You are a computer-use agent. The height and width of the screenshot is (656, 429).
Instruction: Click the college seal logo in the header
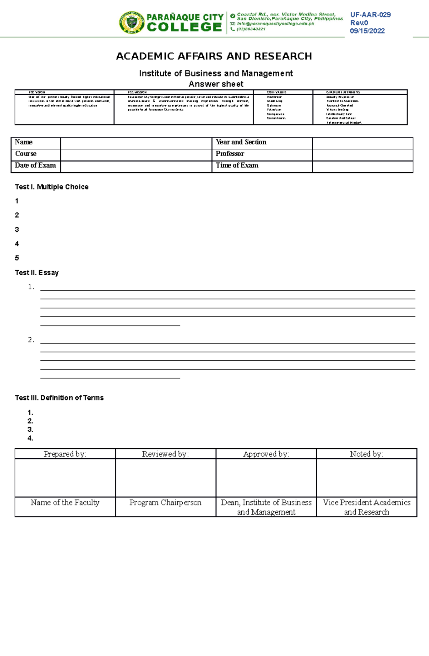coord(132,23)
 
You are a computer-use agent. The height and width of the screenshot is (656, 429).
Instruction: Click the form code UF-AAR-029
coord(370,15)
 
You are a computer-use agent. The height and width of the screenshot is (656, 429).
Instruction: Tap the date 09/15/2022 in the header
coord(367,31)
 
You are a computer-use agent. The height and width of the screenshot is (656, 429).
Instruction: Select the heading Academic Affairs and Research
coord(214,56)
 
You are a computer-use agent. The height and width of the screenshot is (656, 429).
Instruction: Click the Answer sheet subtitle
coord(216,84)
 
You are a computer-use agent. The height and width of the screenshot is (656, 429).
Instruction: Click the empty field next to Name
coord(136,143)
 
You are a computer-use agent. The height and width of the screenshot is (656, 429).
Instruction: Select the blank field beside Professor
coord(362,154)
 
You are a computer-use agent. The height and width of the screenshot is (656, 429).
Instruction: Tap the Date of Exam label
coord(35,166)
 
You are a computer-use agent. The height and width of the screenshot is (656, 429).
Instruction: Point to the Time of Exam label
coord(237,166)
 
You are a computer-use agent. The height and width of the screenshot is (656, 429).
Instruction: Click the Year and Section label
coord(241,142)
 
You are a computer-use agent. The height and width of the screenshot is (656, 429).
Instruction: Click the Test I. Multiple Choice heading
coord(51,187)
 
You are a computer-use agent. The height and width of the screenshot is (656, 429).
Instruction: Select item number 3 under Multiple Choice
coord(17,230)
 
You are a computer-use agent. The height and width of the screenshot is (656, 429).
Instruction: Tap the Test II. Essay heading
coord(36,273)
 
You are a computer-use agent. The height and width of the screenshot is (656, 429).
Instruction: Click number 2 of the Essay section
coord(31,340)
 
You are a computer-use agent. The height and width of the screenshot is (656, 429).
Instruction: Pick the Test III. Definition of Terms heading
coord(59,398)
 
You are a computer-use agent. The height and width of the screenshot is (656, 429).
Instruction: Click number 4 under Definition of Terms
coord(30,438)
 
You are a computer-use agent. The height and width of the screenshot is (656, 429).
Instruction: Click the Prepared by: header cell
coord(65,454)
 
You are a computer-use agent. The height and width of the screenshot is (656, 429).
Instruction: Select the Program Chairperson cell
coord(165,503)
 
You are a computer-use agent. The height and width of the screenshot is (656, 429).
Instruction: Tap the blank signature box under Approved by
coord(266,478)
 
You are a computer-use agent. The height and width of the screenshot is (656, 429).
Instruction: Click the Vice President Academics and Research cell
coord(366,507)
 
